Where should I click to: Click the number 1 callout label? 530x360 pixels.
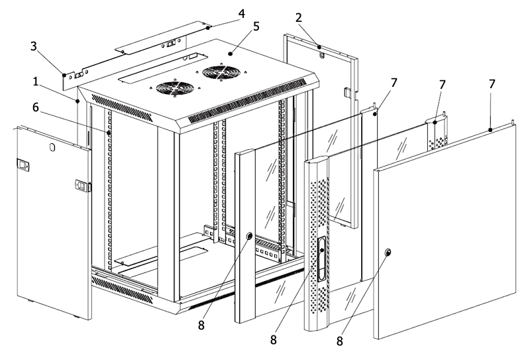tap(36, 82)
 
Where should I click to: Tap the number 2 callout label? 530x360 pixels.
tap(299, 18)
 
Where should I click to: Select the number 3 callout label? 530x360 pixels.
tap(33, 46)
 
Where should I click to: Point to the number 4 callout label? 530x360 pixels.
tap(241, 13)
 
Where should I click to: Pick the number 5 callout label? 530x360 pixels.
tap(256, 27)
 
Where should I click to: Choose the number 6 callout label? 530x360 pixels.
tap(36, 107)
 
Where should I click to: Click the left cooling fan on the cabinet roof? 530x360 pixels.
tap(175, 88)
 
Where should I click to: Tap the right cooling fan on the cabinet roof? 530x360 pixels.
tap(221, 73)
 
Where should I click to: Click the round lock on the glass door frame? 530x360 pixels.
tap(250, 236)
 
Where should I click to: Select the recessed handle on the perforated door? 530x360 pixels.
tap(321, 258)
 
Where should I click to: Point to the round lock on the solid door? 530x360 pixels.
tap(388, 252)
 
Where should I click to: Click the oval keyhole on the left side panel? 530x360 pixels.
tap(52, 148)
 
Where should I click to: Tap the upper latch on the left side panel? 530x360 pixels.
tap(23, 165)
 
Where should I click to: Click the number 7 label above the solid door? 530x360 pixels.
tap(492, 84)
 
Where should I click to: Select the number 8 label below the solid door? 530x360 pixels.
tap(340, 341)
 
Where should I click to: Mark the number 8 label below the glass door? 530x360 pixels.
tap(201, 326)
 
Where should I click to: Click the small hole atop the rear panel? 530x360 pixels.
tap(321, 54)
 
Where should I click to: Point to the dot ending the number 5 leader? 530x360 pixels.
tap(230, 54)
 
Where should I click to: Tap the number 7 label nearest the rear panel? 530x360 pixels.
tap(393, 83)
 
